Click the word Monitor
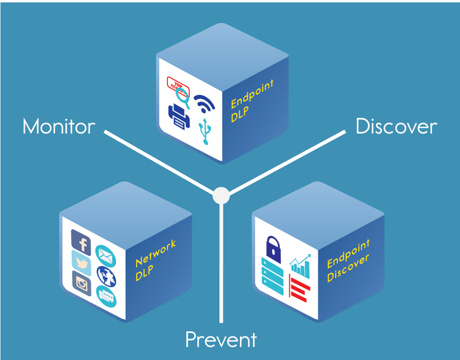tap(59, 127)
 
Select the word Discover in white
tap(396, 127)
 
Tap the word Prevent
tap(221, 339)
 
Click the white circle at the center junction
tap(221, 196)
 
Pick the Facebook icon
tap(81, 242)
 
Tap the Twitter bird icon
tap(81, 263)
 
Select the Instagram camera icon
tap(82, 283)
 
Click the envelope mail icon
tap(106, 256)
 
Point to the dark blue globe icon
tap(106, 277)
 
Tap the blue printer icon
tap(179, 116)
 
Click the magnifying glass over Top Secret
tap(182, 98)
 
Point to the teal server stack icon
tap(272, 276)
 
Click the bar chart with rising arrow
tap(300, 266)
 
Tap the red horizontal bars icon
tap(299, 289)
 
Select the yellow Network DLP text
tap(156, 260)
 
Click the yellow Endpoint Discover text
tap(348, 261)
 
